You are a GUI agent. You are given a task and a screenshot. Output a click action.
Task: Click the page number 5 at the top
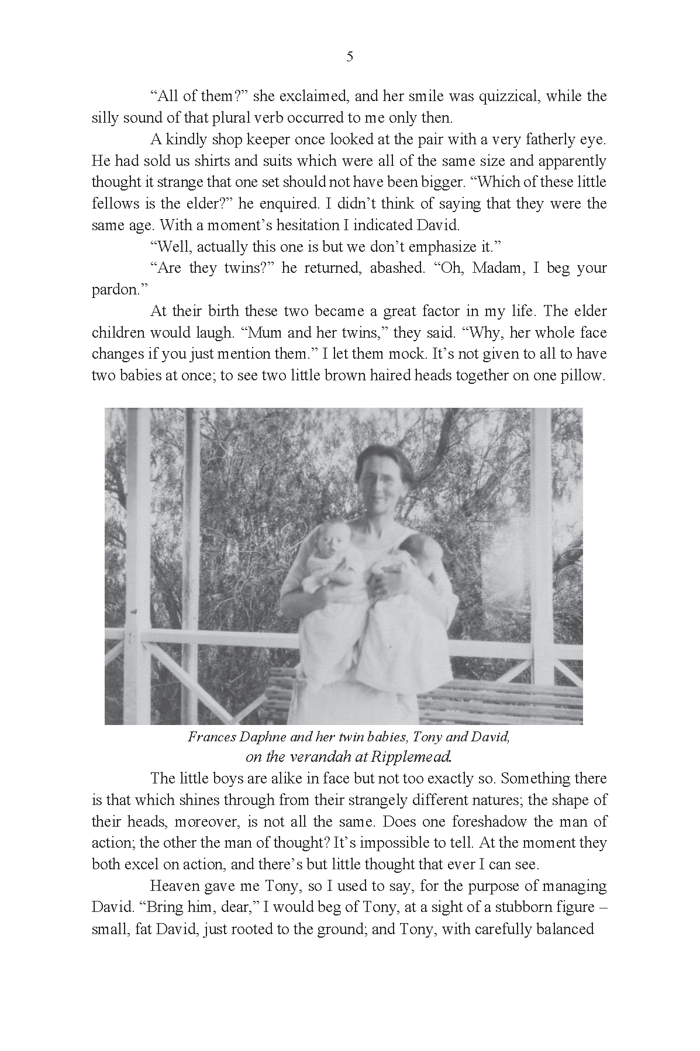[x=350, y=57]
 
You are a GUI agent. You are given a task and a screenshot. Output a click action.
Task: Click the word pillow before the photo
[x=583, y=375]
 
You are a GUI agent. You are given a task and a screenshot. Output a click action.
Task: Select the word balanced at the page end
[x=565, y=929]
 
